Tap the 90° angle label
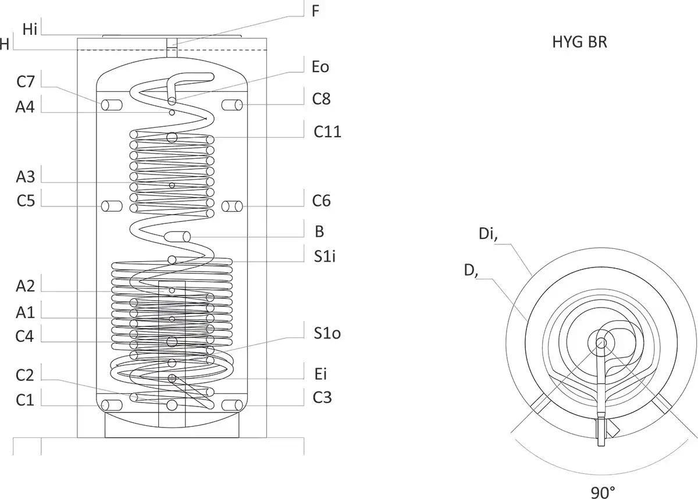coord(603,493)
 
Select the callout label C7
coord(26,82)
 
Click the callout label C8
coord(321,99)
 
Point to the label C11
coord(327,132)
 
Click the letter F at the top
coord(315,11)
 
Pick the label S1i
coord(324,256)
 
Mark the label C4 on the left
coord(26,337)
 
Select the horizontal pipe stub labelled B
coord(177,236)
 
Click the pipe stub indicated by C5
coord(111,206)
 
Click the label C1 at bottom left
coord(26,400)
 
